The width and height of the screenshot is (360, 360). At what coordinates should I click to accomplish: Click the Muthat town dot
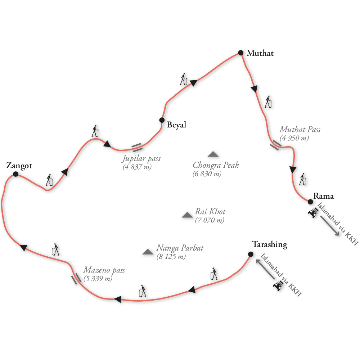coord(241,53)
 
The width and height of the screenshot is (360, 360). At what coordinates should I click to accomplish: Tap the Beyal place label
coord(176,125)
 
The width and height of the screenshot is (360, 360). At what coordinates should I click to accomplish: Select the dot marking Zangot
coord(15,174)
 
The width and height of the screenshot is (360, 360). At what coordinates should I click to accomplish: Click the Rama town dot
coord(310,202)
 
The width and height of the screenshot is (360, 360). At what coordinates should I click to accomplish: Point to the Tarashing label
coord(270,245)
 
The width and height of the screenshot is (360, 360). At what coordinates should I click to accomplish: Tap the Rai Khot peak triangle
coord(187,215)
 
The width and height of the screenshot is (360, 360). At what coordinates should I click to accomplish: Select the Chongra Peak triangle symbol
coord(213,154)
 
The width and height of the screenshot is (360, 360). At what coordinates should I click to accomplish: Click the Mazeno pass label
coord(104,270)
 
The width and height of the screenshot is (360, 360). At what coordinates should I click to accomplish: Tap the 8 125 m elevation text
coord(171,257)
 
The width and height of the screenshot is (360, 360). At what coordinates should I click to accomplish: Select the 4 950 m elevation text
coord(294,138)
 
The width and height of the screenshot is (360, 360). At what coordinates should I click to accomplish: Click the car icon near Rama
coord(312,213)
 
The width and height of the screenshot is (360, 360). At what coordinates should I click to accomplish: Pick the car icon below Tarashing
coord(278,286)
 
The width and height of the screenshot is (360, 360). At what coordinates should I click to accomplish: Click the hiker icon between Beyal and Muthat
coord(184,79)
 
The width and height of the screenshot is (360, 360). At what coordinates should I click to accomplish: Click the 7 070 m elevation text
coord(210,220)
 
